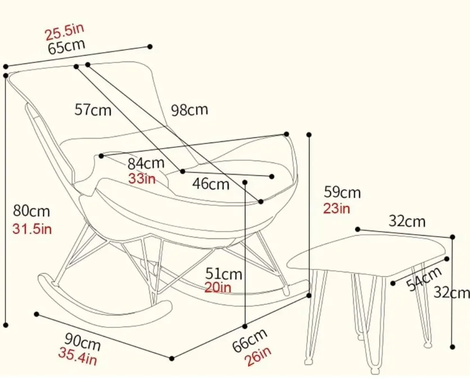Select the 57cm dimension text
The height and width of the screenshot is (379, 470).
93,110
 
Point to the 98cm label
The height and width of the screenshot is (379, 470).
189,110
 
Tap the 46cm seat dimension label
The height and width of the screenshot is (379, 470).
211,183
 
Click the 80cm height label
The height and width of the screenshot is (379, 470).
31,211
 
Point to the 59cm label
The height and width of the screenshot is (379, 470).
341,193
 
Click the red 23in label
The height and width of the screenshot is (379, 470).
337,208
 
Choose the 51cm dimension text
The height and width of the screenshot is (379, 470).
223,274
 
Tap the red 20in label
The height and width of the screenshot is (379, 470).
218,287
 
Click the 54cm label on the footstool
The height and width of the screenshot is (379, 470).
424,279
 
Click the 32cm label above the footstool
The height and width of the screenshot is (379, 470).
407,221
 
